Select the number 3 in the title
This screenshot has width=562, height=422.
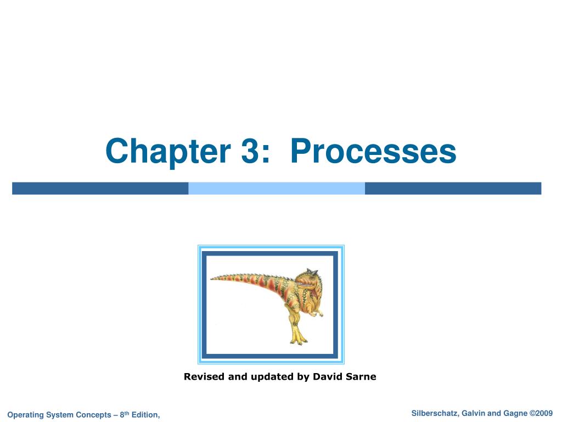click(250, 151)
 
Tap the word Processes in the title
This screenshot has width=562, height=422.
click(373, 151)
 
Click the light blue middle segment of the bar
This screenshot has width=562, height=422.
click(277, 188)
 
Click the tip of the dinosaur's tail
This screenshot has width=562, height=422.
click(211, 279)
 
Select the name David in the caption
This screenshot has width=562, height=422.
click(328, 376)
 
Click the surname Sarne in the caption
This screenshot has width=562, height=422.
click(361, 376)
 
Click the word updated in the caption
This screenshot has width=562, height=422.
click(272, 377)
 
